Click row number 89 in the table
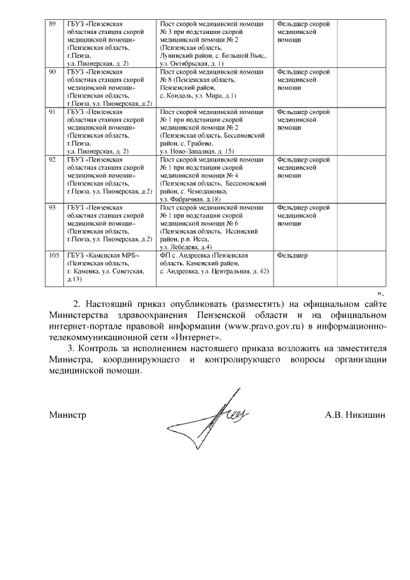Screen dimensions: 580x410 pyautogui.click(x=54, y=24)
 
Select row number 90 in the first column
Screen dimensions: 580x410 pyautogui.click(x=54, y=72)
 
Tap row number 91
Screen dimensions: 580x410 pyautogui.click(x=54, y=112)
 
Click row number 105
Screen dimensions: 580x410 pyautogui.click(x=55, y=256)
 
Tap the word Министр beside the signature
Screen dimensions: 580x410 pyautogui.click(x=68, y=415)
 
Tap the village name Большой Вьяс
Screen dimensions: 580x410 pyautogui.click(x=242, y=56)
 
